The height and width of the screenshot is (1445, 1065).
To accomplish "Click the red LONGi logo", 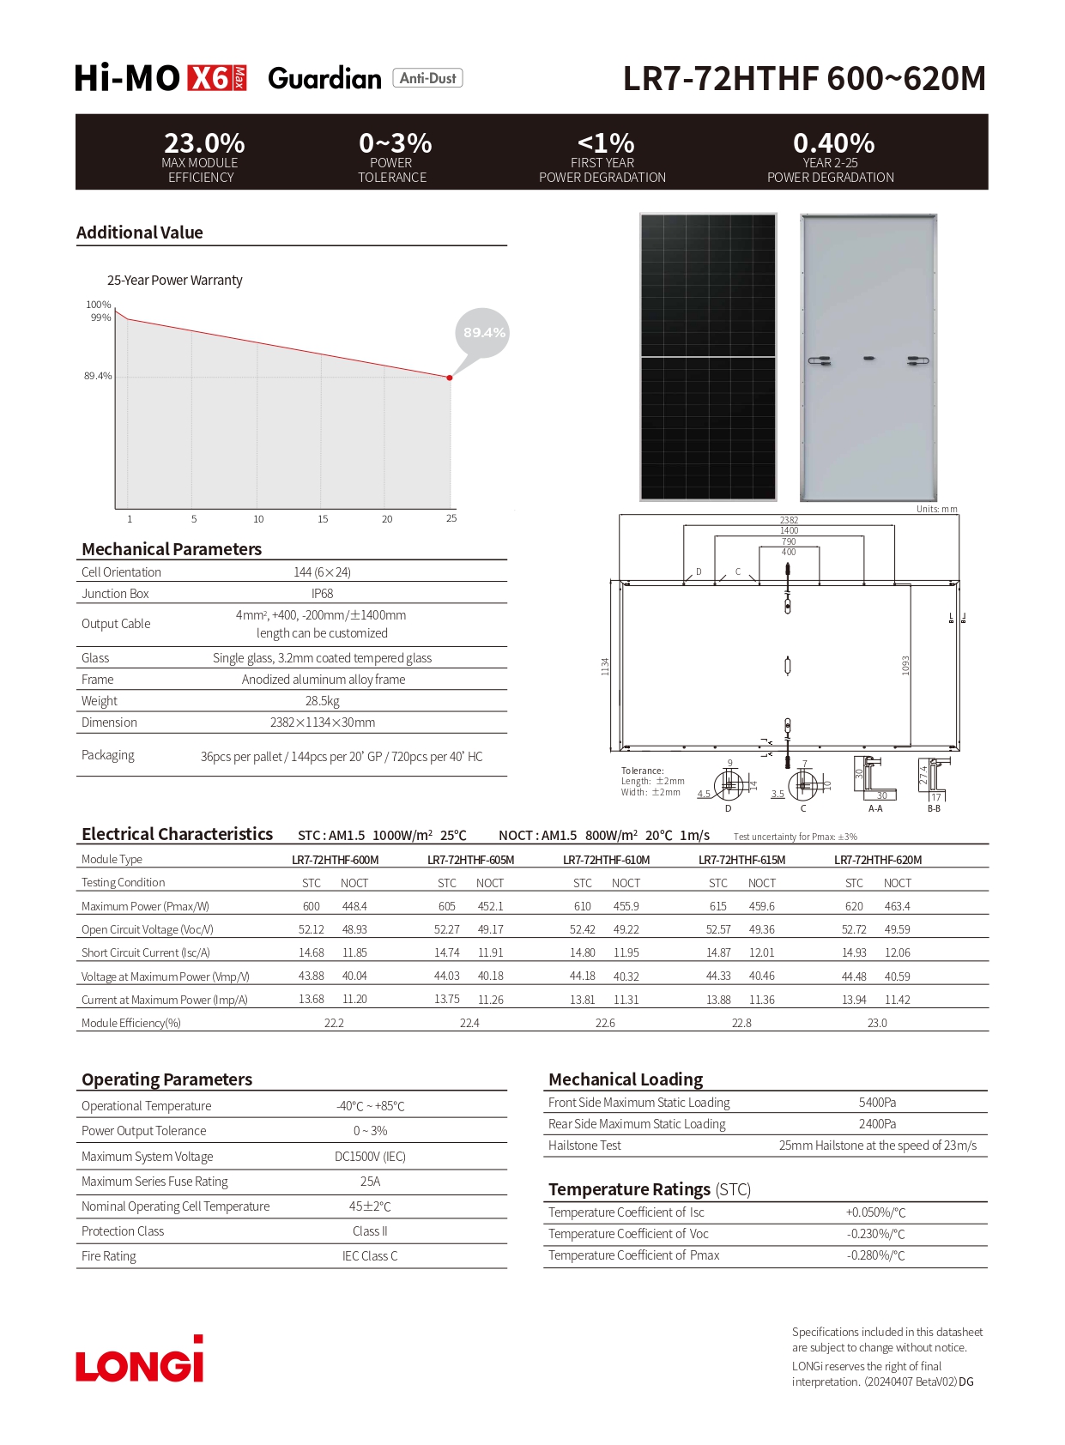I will click(140, 1361).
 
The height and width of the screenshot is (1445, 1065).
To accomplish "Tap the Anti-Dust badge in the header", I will click(427, 78).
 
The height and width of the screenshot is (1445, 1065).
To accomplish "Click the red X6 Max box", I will click(216, 78).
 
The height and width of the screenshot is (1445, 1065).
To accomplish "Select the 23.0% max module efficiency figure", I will click(204, 142).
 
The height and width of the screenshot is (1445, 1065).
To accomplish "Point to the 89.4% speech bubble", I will click(483, 333).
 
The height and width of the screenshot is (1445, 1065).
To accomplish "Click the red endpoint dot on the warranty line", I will click(450, 378).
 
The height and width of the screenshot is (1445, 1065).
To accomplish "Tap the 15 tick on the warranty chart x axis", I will click(323, 519).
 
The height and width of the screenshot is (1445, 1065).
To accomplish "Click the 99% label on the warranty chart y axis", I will click(100, 317).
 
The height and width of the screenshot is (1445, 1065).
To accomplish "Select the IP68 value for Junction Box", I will click(322, 594).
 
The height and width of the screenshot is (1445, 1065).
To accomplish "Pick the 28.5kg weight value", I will click(322, 701).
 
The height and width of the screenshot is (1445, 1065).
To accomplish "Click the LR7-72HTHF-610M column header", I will click(606, 860).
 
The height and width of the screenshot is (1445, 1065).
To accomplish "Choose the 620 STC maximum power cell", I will click(854, 906).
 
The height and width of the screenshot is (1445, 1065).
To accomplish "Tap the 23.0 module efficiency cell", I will click(877, 1023).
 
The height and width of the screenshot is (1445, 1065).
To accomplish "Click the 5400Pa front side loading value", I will click(877, 1103).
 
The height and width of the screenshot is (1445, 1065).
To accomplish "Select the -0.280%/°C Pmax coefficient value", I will click(875, 1255).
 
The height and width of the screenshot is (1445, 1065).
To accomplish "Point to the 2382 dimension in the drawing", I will click(789, 520).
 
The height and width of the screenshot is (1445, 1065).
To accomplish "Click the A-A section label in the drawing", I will click(875, 808).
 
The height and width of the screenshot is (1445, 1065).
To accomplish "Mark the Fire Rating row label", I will click(109, 1256).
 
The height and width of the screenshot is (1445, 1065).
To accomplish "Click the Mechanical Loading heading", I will click(626, 1079).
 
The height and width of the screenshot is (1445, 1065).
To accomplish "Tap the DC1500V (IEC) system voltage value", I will click(370, 1157).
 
